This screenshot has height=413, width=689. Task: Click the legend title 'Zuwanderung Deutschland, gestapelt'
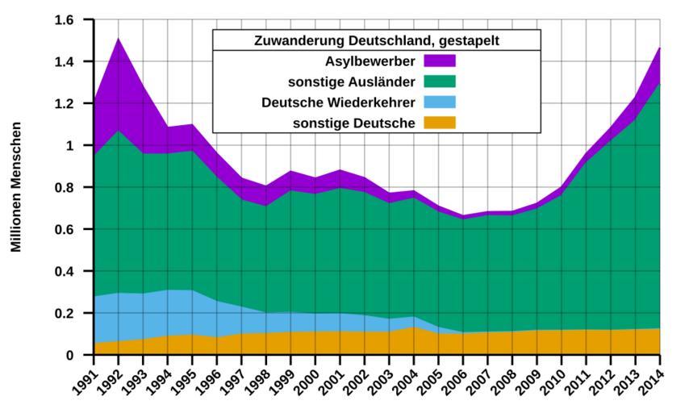(x=377, y=40)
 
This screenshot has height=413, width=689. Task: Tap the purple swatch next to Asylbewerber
(x=440, y=60)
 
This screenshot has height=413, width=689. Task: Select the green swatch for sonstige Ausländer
(x=440, y=81)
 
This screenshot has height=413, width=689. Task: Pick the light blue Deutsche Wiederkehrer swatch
(x=440, y=102)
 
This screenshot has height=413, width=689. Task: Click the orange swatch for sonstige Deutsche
(x=440, y=123)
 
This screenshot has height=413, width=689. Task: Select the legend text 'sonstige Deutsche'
(x=355, y=123)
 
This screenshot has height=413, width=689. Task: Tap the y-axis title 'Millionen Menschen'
(x=17, y=186)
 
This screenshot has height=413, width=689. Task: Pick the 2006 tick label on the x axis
(x=455, y=378)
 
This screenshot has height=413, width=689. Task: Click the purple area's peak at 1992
(x=119, y=39)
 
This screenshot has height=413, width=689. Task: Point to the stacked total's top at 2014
(x=659, y=48)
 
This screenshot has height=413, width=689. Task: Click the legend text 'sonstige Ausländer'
(x=351, y=81)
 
